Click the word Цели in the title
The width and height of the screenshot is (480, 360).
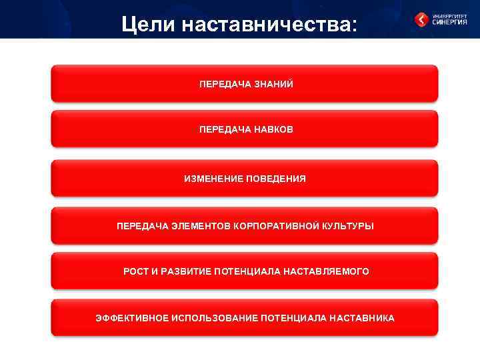[147, 25]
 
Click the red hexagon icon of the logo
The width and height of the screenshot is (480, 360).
[422, 19]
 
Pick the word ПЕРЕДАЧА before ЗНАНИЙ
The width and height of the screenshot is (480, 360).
[222, 84]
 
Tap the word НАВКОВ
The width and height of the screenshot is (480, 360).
[269, 129]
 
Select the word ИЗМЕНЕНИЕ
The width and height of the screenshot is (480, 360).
[212, 179]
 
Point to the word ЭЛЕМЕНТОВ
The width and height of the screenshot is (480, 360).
[197, 226]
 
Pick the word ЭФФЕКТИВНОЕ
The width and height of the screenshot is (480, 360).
[131, 318]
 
